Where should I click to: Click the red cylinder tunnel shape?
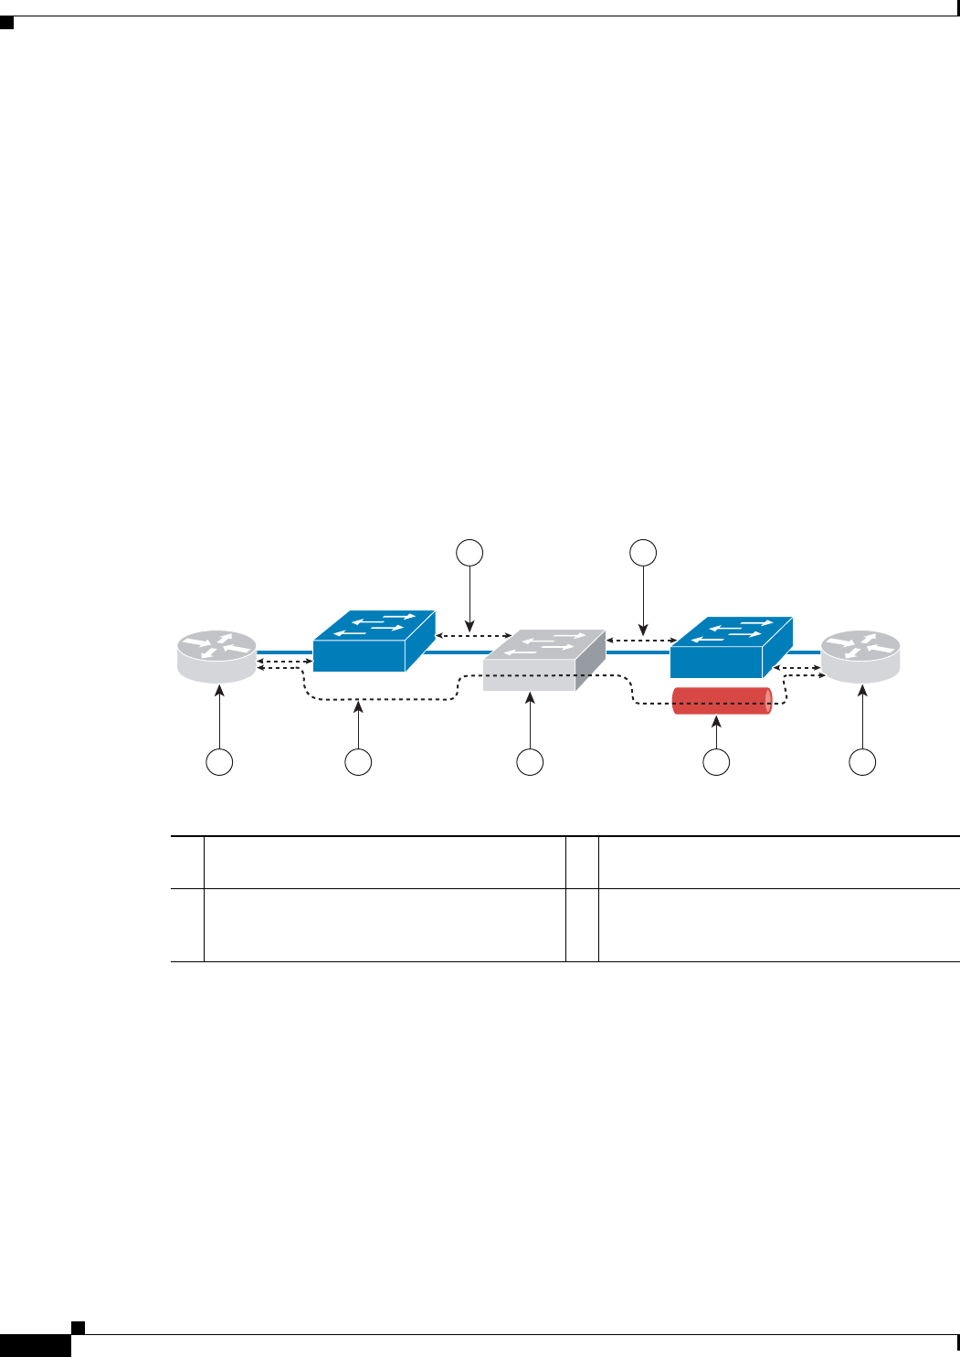[x=722, y=701]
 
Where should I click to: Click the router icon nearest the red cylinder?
[x=860, y=656]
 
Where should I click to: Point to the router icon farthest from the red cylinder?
[x=217, y=656]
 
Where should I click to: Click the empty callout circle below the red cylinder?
[x=717, y=761]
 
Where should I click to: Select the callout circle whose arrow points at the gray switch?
[x=530, y=761]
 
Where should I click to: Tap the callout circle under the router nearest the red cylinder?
[x=862, y=761]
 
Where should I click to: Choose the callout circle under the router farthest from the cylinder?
[x=219, y=761]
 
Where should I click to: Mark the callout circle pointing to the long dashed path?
[x=358, y=761]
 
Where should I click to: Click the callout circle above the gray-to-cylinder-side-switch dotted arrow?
[x=644, y=552]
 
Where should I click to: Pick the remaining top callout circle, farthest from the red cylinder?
[x=469, y=552]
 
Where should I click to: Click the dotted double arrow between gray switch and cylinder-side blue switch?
[x=638, y=641]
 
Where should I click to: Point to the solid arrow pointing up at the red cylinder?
[x=717, y=733]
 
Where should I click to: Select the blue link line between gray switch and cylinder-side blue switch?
[x=638, y=652]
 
